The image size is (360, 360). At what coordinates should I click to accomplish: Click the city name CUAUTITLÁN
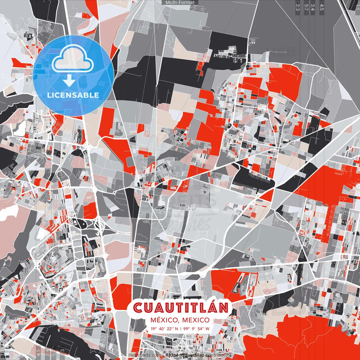pyautogui.click(x=180, y=308)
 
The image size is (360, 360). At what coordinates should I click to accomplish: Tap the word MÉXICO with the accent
pyautogui.click(x=164, y=320)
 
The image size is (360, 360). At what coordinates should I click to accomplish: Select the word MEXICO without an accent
pyautogui.click(x=196, y=320)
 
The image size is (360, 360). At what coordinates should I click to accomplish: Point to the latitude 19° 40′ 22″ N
pyautogui.click(x=164, y=328)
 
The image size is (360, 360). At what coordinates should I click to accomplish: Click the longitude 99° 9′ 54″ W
pyautogui.click(x=197, y=328)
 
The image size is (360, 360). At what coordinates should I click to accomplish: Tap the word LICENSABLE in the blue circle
pyautogui.click(x=73, y=95)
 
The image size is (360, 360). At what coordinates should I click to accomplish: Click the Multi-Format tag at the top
pyautogui.click(x=180, y=3)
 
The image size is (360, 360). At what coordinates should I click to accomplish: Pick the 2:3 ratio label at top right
pyautogui.click(x=298, y=7)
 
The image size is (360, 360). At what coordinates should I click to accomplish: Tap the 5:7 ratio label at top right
pyautogui.click(x=306, y=7)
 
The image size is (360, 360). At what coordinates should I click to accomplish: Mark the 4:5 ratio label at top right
pyautogui.click(x=322, y=7)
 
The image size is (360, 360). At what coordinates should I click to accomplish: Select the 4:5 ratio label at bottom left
pyautogui.click(x=38, y=353)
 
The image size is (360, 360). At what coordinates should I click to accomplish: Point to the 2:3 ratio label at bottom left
pyautogui.click(x=62, y=353)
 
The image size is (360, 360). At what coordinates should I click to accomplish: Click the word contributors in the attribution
pyautogui.click(x=219, y=355)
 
